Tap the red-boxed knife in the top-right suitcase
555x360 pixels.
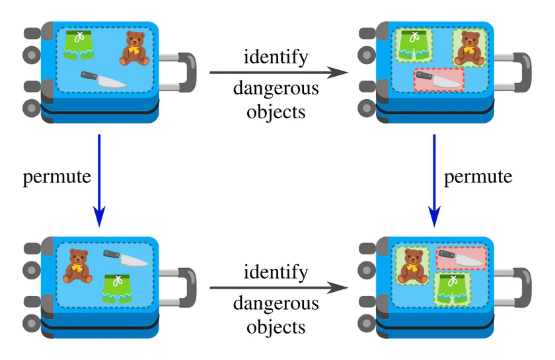[x=439, y=80]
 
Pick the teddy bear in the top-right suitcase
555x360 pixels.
[x=468, y=48]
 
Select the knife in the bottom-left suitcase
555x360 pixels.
[x=125, y=258]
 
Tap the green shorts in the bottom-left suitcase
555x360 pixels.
[x=117, y=289]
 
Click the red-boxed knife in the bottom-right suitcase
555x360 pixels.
[x=461, y=258]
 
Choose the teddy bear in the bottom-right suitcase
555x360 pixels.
[x=412, y=266]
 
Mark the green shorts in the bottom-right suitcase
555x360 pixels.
[x=453, y=289]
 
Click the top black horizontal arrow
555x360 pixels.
[x=278, y=73]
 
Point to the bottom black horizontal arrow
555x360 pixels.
[x=278, y=288]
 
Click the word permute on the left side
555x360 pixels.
[x=56, y=177]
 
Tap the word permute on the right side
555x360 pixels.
[x=478, y=177]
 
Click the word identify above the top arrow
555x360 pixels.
[x=276, y=57]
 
